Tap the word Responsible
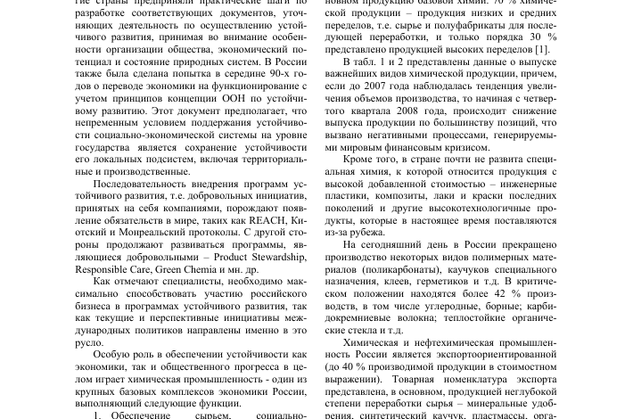pyautogui.click(x=108, y=268)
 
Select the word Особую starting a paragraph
pyautogui.click(x=112, y=354)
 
